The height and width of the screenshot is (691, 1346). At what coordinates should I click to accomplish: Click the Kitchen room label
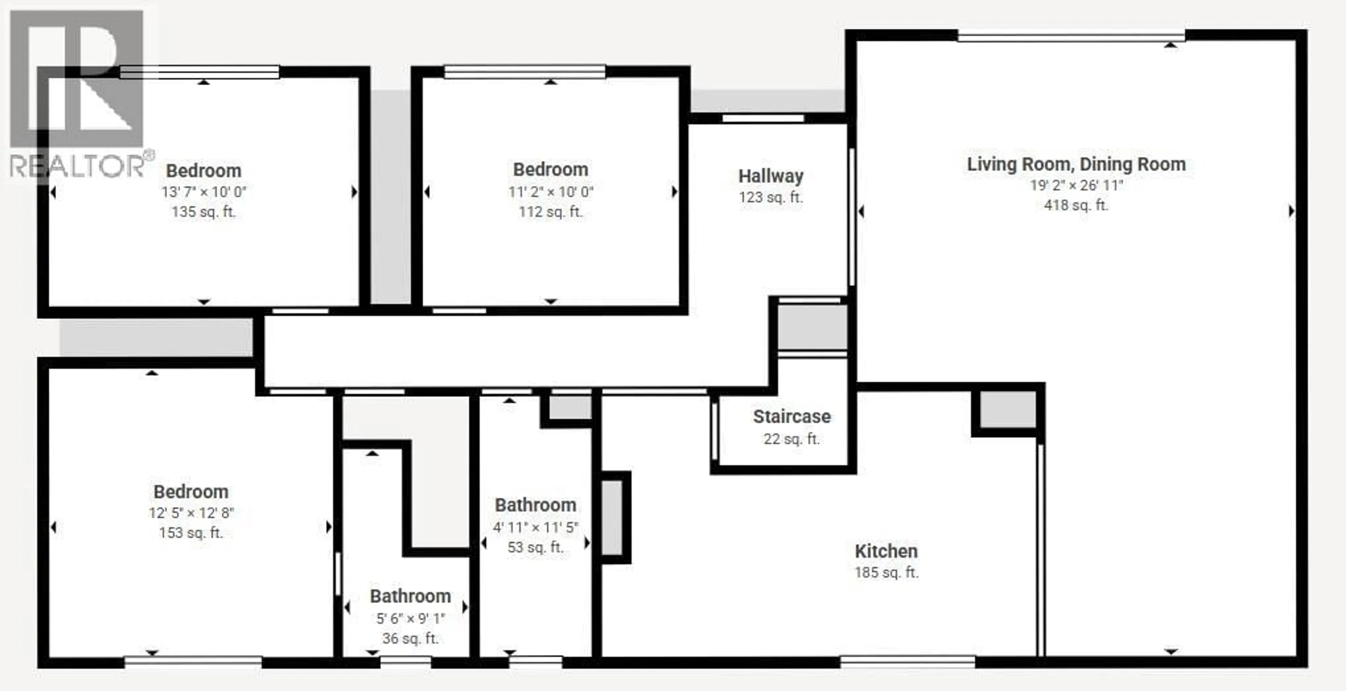coord(886,551)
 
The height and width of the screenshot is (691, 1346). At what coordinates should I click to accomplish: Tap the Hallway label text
coord(771,176)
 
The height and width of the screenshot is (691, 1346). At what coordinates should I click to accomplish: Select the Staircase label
coord(791,416)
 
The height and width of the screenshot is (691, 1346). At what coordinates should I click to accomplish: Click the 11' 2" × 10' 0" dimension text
coord(551,192)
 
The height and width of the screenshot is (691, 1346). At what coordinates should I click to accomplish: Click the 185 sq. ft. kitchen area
coord(886,573)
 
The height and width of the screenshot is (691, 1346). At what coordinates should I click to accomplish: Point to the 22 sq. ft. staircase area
coord(791,439)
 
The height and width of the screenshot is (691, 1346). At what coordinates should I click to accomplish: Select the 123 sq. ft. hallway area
coord(771,198)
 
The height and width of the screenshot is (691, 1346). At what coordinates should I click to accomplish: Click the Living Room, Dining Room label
coord(1076,164)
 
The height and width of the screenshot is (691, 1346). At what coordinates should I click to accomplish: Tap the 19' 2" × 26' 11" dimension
coord(1076,185)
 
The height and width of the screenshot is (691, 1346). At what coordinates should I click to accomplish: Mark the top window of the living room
coord(1071,36)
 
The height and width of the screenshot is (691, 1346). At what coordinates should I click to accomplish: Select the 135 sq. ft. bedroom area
coord(204,212)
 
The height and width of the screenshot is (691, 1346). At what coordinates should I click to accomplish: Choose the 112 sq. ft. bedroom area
coord(551,212)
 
